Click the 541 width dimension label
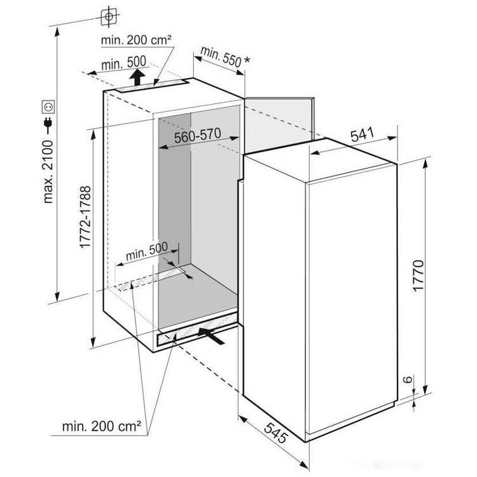(x=362, y=135)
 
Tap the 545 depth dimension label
(x=275, y=432)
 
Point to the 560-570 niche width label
(x=197, y=135)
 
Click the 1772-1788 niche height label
(x=85, y=217)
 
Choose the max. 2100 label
(x=48, y=172)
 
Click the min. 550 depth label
(x=221, y=56)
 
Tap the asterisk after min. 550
(x=247, y=60)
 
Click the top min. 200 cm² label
(x=136, y=40)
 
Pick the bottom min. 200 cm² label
(x=101, y=426)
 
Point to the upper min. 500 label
(x=123, y=63)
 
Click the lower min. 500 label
(x=147, y=251)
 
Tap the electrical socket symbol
(x=48, y=107)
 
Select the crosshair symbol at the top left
(x=109, y=15)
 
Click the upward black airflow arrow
(x=137, y=77)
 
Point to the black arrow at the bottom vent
(x=211, y=335)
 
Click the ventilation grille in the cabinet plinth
(x=197, y=329)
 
